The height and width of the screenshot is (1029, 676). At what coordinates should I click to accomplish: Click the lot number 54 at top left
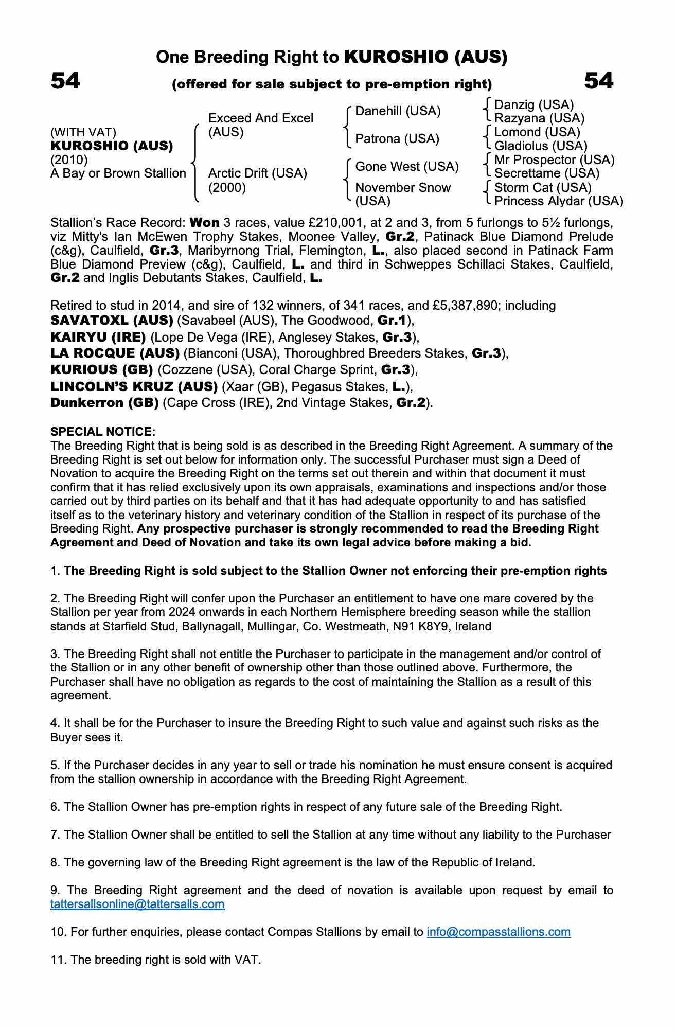tap(65, 81)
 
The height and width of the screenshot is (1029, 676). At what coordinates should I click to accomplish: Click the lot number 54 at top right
tap(598, 81)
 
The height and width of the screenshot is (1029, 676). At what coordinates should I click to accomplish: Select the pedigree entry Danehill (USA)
tap(398, 111)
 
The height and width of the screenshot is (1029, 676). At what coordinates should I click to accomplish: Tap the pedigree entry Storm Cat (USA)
tap(543, 187)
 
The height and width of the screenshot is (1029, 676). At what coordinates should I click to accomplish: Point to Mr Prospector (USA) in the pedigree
tap(554, 159)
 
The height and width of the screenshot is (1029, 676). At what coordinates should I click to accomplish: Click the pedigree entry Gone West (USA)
tap(406, 166)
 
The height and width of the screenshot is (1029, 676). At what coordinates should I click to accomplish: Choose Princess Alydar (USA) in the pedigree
tap(558, 201)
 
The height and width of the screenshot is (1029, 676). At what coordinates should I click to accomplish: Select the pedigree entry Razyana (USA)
tap(539, 118)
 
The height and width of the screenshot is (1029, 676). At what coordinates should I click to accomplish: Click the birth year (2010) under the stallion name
tap(69, 159)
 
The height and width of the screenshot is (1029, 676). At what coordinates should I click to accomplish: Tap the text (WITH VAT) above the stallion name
tap(83, 132)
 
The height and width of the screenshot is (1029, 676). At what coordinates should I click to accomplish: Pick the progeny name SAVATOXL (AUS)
tap(112, 321)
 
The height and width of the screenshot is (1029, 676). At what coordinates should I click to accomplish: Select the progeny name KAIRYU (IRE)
tap(98, 337)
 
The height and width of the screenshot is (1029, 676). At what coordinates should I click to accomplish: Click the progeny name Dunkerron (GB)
tap(104, 402)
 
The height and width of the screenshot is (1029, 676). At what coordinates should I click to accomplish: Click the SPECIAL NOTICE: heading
tap(103, 431)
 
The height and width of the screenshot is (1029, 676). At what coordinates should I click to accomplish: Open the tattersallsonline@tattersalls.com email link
tap(137, 904)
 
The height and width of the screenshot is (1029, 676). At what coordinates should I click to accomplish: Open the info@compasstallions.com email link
tap(498, 932)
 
